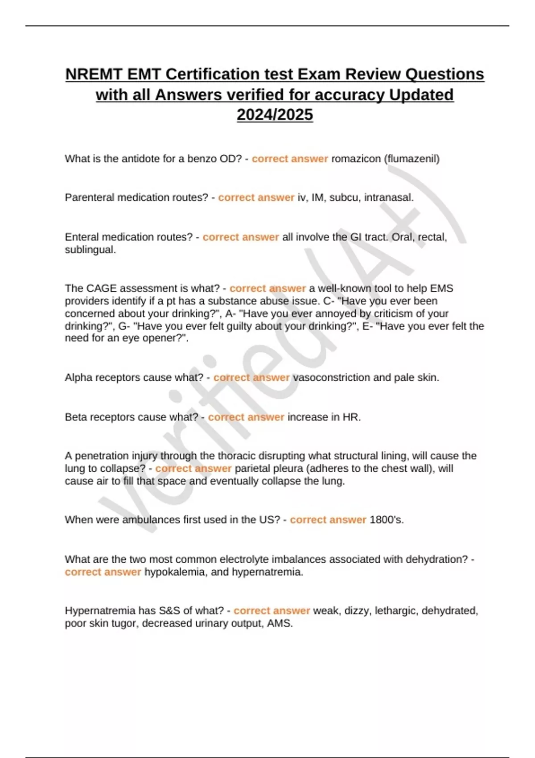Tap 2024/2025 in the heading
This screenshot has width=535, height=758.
275,115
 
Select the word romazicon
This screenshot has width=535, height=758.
356,159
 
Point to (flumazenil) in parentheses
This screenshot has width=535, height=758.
412,159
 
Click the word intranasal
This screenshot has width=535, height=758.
389,198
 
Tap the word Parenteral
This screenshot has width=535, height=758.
89,198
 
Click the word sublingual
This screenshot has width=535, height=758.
90,250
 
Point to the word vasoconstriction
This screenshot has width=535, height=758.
331,378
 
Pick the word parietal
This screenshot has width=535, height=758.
252,469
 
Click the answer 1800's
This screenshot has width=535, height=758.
387,520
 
